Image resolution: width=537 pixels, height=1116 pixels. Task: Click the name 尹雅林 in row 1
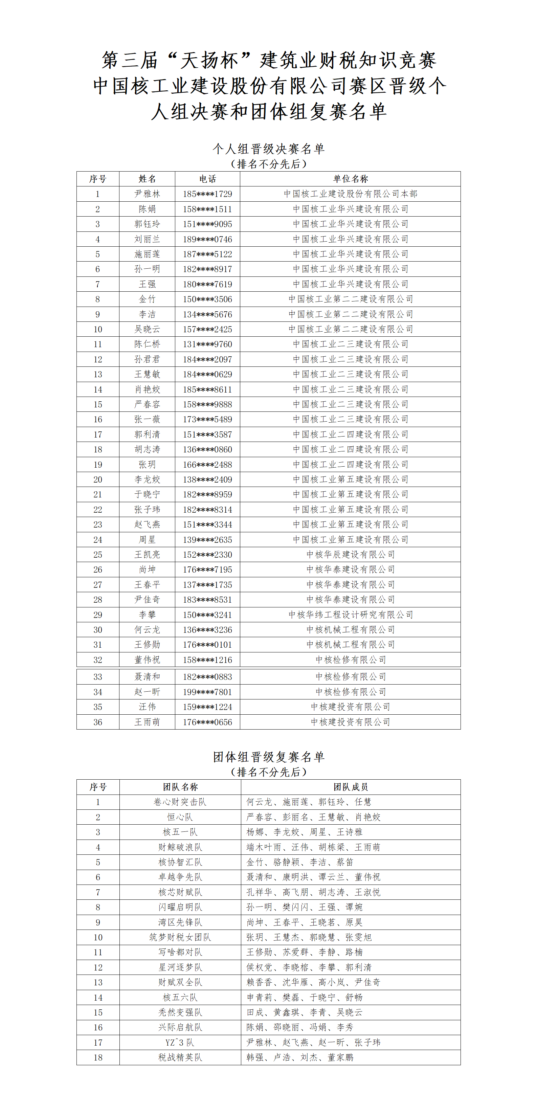click(x=147, y=194)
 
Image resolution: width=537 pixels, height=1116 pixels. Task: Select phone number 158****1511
click(x=207, y=209)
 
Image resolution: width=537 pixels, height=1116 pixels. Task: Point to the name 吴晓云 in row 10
click(x=147, y=329)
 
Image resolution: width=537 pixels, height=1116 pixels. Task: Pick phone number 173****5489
click(x=207, y=419)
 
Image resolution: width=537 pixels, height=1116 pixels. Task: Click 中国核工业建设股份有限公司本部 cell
click(x=350, y=194)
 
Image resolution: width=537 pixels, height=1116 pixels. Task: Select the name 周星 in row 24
click(x=147, y=539)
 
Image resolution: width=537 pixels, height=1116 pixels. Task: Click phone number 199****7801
click(x=207, y=692)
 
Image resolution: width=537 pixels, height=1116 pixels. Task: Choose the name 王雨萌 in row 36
click(x=147, y=722)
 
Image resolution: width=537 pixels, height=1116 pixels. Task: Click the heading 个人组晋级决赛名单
click(x=269, y=149)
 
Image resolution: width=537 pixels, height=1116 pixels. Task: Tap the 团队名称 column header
click(x=180, y=787)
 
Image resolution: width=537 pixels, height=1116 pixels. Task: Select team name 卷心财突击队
click(x=180, y=802)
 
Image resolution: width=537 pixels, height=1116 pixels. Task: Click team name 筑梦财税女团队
click(x=180, y=937)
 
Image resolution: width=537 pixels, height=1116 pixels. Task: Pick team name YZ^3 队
click(x=180, y=1042)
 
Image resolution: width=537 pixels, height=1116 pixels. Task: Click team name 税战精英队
click(x=180, y=1057)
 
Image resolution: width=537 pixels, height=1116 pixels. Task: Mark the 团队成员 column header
click(x=350, y=787)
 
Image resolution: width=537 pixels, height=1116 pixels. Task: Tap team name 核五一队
click(x=180, y=832)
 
